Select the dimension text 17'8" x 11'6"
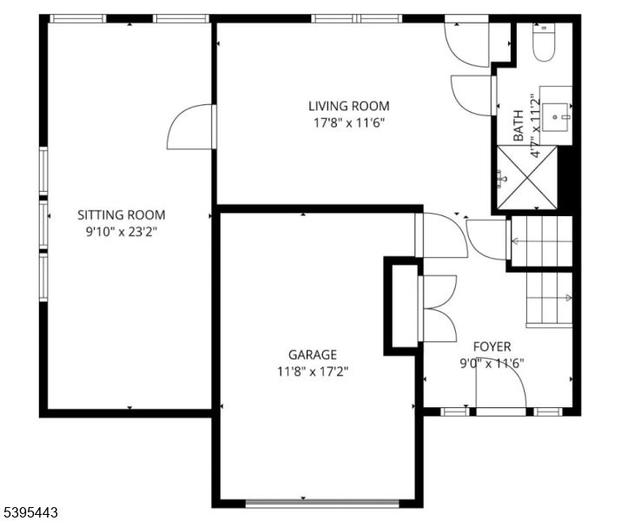click(x=348, y=122)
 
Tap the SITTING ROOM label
click(x=122, y=214)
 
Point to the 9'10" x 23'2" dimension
click(x=122, y=232)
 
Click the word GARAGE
click(x=313, y=354)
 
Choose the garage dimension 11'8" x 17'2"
click(x=313, y=371)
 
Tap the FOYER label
click(x=492, y=346)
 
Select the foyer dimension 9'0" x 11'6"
click(x=492, y=363)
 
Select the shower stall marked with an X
click(x=526, y=177)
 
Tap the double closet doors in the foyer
click(x=437, y=308)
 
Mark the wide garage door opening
click(x=322, y=502)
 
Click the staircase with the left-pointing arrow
click(x=542, y=242)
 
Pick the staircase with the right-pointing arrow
click(x=549, y=298)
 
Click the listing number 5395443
click(x=30, y=513)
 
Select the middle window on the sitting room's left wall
click(x=43, y=226)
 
